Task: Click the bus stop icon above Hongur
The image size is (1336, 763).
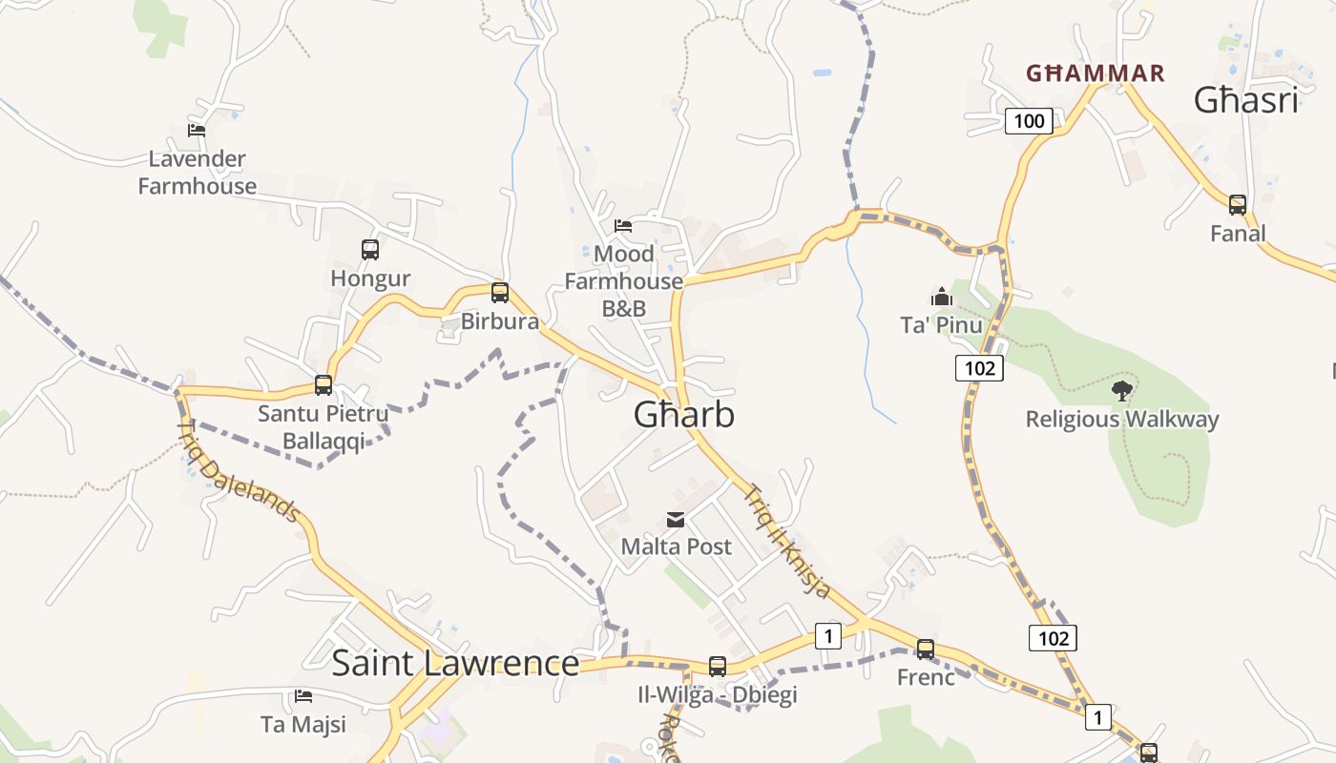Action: pyautogui.click(x=370, y=250)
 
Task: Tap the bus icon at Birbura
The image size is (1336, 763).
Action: pyautogui.click(x=500, y=293)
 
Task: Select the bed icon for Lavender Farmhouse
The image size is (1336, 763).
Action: pyautogui.click(x=197, y=130)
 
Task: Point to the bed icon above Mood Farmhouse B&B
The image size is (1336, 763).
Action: pyautogui.click(x=623, y=226)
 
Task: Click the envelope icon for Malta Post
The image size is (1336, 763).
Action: pyautogui.click(x=676, y=520)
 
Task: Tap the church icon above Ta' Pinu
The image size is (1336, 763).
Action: pyautogui.click(x=942, y=297)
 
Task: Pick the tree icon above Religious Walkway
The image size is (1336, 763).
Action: pyautogui.click(x=1122, y=390)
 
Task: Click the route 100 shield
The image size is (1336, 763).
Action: pyautogui.click(x=1029, y=121)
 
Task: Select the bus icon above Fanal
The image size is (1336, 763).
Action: pyautogui.click(x=1238, y=204)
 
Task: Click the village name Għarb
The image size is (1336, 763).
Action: pyautogui.click(x=684, y=415)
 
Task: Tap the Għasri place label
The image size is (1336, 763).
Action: pyautogui.click(x=1246, y=100)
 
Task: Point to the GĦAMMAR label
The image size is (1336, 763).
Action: pyautogui.click(x=1096, y=73)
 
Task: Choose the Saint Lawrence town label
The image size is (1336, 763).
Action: pyautogui.click(x=455, y=663)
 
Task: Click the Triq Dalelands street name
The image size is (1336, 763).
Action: pyautogui.click(x=240, y=471)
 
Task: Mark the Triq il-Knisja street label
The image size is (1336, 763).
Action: pyautogui.click(x=787, y=542)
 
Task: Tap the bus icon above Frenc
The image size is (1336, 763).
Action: pyautogui.click(x=926, y=650)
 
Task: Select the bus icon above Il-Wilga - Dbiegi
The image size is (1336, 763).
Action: pyautogui.click(x=718, y=667)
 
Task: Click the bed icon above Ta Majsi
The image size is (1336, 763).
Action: pyautogui.click(x=303, y=696)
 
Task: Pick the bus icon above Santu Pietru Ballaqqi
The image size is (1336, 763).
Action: pyautogui.click(x=324, y=385)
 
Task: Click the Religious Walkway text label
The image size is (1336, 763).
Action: pyautogui.click(x=1122, y=420)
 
